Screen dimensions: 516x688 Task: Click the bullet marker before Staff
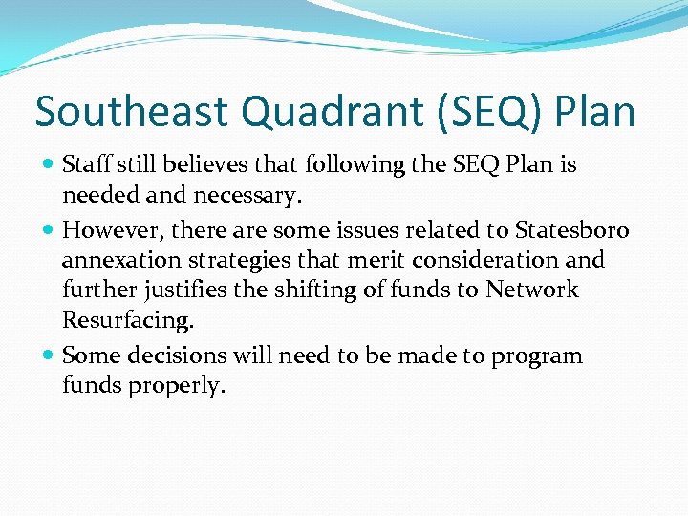49,165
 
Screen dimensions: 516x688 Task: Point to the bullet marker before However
49,229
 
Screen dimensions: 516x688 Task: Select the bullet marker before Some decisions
49,356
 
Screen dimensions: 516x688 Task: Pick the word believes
199,164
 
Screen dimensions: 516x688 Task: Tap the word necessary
250,197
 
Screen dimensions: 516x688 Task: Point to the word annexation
115,260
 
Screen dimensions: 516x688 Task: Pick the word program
535,356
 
